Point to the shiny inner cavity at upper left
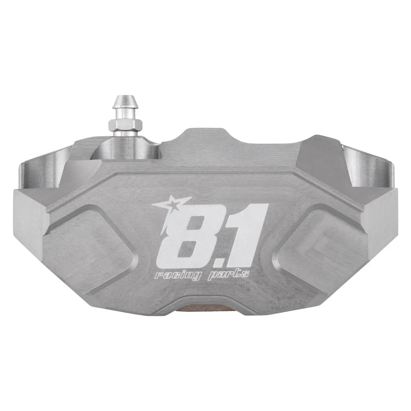tap(49, 169)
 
